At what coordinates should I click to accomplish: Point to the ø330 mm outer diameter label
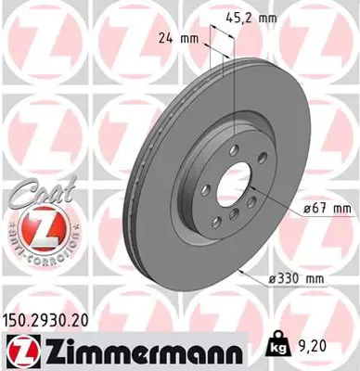[x=298, y=276]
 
